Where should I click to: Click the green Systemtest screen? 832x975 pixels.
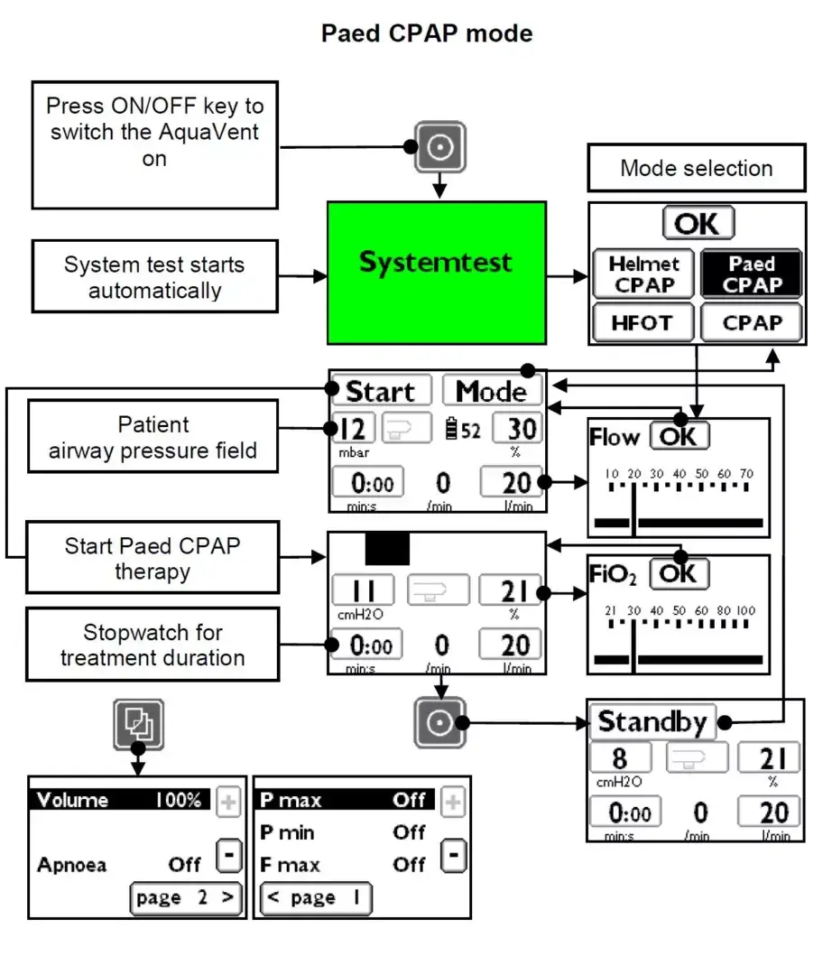437,272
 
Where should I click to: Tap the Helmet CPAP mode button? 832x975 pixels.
643,274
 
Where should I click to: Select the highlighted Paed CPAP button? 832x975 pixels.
752,274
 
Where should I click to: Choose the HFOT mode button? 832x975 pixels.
643,322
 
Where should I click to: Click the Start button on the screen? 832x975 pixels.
380,391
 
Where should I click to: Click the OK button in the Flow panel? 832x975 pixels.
679,436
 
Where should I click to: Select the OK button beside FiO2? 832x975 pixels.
679,573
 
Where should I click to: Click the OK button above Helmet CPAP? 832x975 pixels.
698,223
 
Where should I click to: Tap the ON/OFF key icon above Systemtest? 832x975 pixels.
439,146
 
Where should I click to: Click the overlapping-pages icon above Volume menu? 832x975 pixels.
138,723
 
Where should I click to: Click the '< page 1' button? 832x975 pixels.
315,898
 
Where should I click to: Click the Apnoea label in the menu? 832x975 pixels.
71,865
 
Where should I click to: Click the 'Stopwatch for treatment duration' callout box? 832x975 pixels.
153,645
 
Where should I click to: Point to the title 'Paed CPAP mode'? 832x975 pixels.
427,33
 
